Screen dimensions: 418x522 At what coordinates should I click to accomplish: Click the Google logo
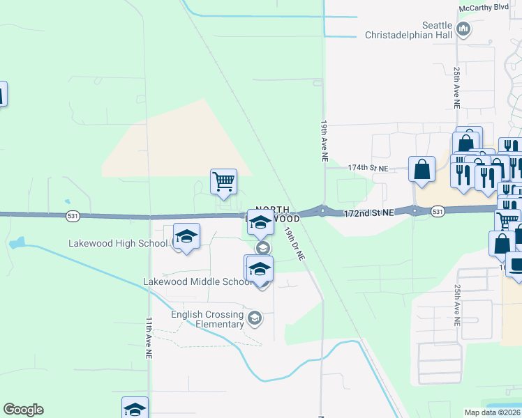[23, 410]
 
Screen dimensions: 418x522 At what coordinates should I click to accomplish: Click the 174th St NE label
[367, 168]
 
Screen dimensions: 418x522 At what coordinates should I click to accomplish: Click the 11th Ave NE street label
[149, 339]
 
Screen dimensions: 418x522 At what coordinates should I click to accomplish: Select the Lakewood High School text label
[119, 243]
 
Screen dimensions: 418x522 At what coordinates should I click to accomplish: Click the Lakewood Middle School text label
[197, 281]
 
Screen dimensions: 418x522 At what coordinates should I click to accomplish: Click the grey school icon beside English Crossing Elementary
[255, 318]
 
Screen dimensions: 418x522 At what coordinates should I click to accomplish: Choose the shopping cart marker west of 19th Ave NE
[223, 181]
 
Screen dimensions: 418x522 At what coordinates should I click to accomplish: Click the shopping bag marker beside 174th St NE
[422, 169]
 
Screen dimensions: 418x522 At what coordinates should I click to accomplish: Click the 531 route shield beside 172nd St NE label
[438, 210]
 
